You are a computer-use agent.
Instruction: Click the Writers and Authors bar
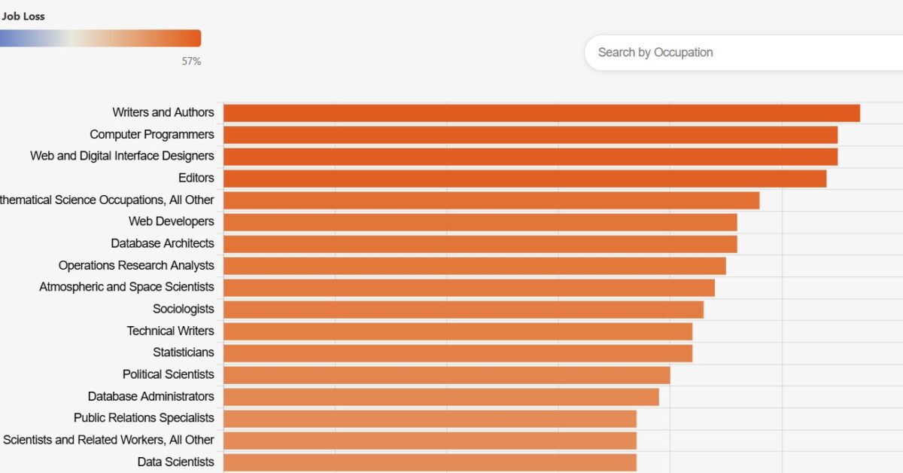coord(542,113)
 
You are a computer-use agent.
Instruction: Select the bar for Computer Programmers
coord(531,135)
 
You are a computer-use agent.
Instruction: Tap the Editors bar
coord(525,179)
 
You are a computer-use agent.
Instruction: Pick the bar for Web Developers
coord(481,222)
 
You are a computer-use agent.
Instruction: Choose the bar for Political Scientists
coord(447,375)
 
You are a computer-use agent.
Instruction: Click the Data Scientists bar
coord(430,462)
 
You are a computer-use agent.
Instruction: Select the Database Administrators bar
coord(442,397)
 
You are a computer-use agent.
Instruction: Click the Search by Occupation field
coord(743,53)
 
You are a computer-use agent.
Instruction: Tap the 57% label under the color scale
coord(191,61)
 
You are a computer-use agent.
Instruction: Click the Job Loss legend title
coord(23,17)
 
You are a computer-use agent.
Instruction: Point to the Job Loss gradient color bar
coord(100,38)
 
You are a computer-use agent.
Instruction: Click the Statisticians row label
coord(184,352)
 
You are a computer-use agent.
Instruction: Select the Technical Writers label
coord(171,331)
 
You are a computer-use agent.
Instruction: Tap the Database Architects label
coord(163,243)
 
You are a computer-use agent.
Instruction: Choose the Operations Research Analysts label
coord(136,266)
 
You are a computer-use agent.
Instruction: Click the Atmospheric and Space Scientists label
coord(126,287)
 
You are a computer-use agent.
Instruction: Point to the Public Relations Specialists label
coord(144,418)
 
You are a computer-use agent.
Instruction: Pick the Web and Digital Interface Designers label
coord(122,156)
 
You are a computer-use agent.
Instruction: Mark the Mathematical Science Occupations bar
coord(491,200)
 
